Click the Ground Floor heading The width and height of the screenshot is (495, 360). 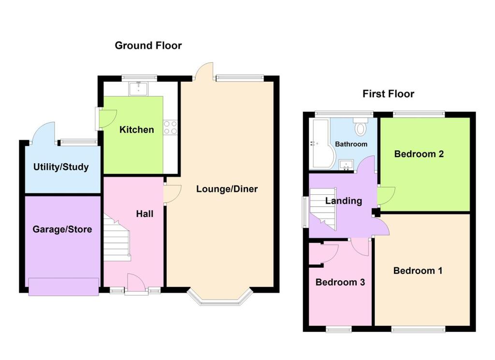[x=148, y=46]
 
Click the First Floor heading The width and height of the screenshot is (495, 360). [x=388, y=94]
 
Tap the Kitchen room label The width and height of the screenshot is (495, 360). [x=137, y=130]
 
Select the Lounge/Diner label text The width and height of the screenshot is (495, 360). [x=227, y=189]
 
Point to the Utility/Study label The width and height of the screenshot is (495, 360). [x=61, y=167]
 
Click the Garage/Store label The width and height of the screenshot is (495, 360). [x=62, y=229]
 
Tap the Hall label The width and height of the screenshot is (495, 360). [x=145, y=213]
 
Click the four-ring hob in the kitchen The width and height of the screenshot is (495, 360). [x=170, y=128]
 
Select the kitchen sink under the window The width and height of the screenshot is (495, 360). [x=139, y=88]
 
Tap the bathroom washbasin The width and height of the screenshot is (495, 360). [x=346, y=165]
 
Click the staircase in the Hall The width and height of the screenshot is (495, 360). [x=116, y=240]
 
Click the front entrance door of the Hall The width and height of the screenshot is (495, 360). [x=136, y=284]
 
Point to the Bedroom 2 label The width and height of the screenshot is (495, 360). [x=419, y=154]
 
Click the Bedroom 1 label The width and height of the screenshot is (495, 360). [x=418, y=271]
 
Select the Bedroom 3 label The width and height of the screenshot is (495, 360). [x=340, y=282]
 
